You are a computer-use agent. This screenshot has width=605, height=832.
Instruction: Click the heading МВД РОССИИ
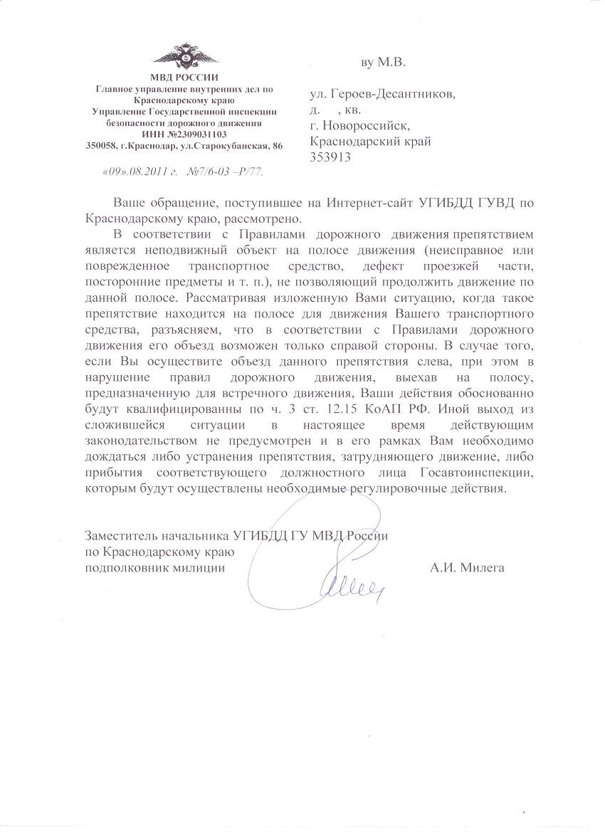coord(184,78)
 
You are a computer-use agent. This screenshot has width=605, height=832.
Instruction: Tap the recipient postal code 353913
coord(330,157)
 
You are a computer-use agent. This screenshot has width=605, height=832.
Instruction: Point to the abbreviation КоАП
coord(388,409)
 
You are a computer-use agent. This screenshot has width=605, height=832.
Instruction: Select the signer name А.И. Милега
coord(467,567)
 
